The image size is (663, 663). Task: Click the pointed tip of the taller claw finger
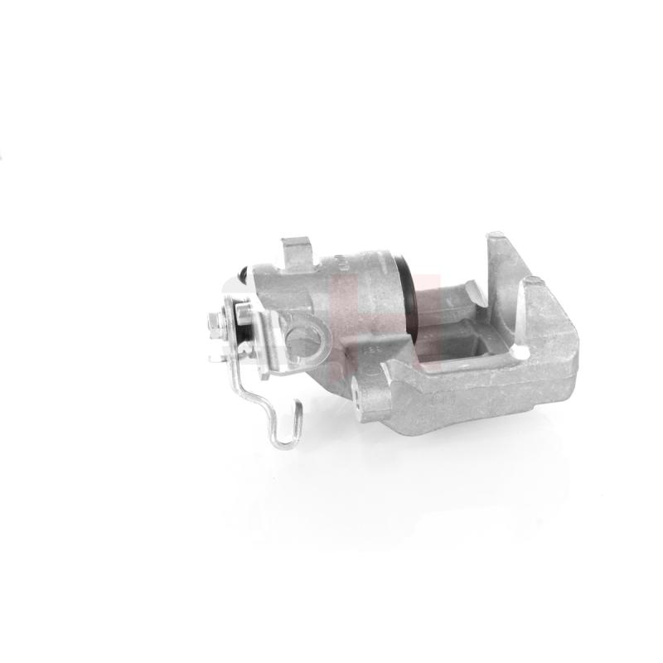pos(491,236)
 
